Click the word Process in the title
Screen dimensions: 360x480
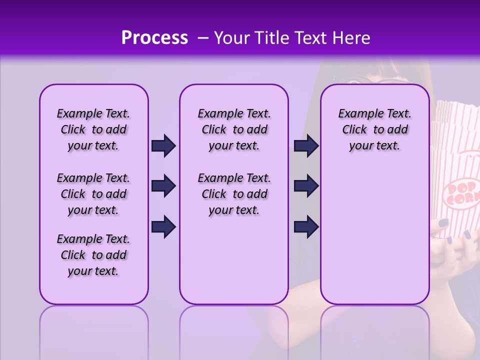coord(154,38)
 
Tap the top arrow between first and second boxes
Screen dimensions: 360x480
coord(163,145)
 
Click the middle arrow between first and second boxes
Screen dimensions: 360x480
coord(163,186)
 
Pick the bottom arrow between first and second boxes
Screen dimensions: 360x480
coord(163,226)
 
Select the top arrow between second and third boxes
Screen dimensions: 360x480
coord(306,145)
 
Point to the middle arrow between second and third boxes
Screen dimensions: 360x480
coord(306,186)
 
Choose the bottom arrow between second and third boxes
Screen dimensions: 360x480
coord(306,226)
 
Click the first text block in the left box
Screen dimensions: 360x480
coord(93,129)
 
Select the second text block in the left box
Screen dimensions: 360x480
coord(93,194)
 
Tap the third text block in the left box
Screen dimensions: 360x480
coord(93,255)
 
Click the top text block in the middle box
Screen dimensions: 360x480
coord(234,129)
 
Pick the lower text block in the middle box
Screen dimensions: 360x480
coord(234,194)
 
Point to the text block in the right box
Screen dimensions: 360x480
coord(374,129)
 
